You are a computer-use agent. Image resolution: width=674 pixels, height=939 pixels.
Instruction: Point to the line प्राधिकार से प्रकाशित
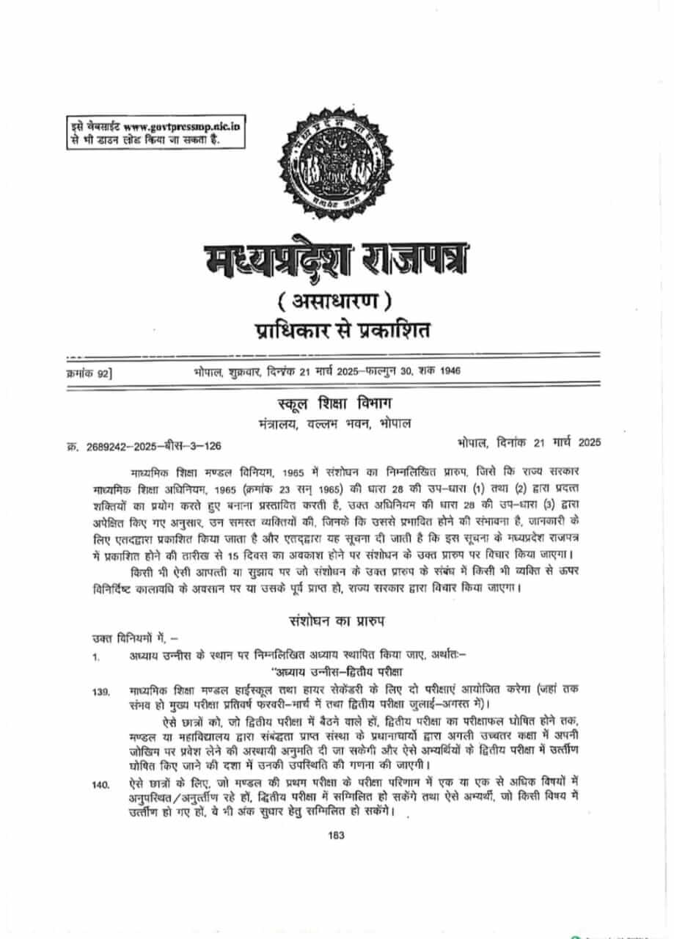pos(337,330)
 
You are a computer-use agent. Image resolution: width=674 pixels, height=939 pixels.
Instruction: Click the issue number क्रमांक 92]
pos(87,373)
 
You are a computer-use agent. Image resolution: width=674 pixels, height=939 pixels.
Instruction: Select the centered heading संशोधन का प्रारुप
pos(337,621)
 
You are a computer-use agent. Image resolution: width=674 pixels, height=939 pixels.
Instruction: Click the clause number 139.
pos(101,692)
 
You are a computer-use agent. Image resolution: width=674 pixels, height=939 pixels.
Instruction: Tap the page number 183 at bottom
pos(337,835)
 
